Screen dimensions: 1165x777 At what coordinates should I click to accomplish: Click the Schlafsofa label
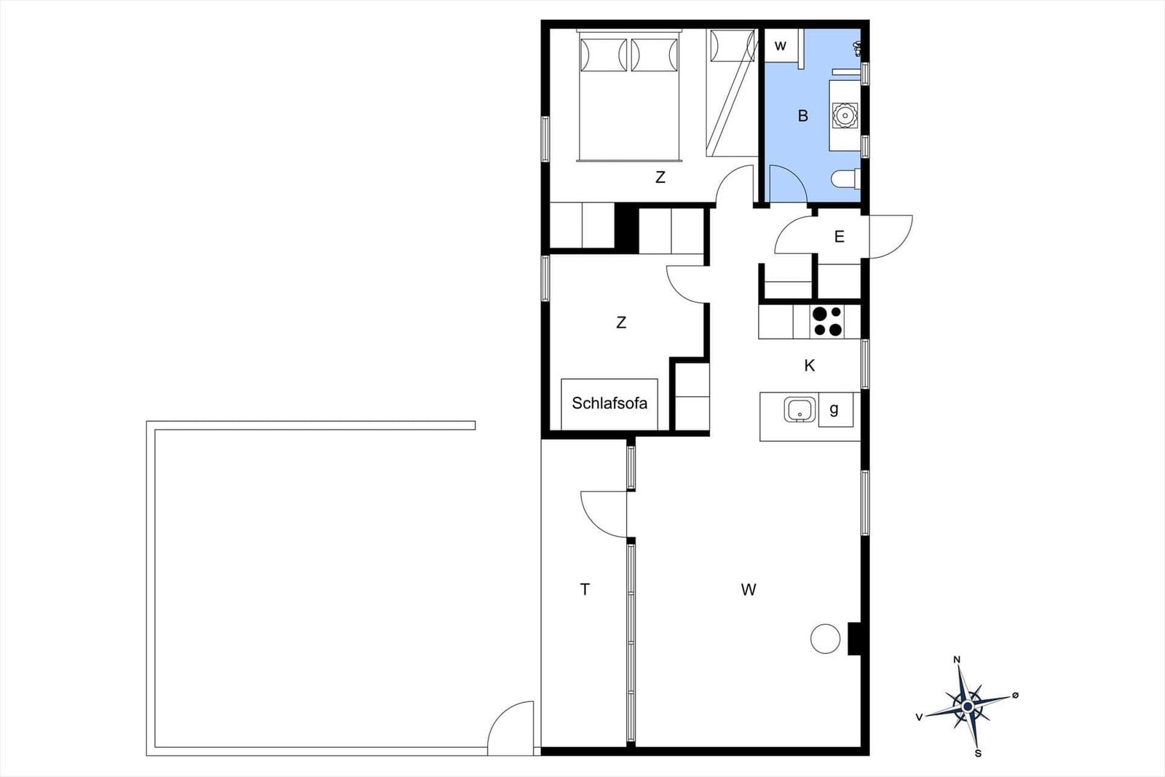609,403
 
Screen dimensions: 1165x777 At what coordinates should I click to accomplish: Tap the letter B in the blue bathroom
803,116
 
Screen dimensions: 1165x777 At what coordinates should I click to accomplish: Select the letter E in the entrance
839,237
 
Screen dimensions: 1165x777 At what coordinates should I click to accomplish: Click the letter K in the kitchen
809,366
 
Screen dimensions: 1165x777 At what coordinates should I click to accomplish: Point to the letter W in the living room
749,589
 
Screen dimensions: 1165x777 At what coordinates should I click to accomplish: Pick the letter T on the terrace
585,589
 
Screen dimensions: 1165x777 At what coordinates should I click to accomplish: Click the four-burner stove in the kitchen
827,321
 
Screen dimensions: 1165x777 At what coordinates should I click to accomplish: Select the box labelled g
835,409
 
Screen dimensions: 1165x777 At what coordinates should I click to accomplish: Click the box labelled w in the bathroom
781,46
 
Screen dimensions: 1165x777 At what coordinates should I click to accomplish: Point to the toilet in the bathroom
845,179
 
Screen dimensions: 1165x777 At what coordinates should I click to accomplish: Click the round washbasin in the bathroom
844,115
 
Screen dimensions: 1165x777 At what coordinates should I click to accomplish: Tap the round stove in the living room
825,638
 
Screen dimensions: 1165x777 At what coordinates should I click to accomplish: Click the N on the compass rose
957,660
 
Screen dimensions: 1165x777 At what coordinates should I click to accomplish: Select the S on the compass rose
978,753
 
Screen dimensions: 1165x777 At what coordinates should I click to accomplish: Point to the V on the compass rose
919,717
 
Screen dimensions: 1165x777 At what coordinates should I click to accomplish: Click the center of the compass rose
968,706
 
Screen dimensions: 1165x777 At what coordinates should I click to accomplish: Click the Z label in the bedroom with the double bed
660,178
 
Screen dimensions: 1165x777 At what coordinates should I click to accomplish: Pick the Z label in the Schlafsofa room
621,323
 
